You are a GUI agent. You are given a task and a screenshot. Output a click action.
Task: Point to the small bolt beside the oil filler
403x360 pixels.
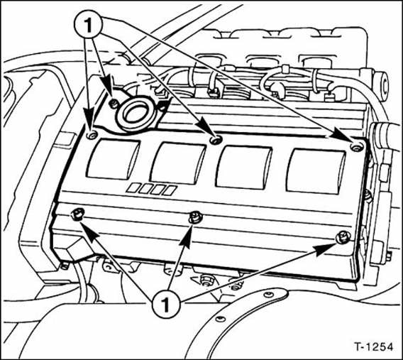pos(114,104)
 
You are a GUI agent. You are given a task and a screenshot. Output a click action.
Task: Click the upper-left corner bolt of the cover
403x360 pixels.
pos(91,133)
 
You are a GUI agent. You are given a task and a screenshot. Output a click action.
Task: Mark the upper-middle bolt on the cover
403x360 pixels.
pos(217,140)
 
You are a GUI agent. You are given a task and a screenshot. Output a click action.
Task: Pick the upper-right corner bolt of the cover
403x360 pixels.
pos(355,146)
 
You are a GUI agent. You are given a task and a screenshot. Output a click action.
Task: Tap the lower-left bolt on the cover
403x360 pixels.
pos(77,214)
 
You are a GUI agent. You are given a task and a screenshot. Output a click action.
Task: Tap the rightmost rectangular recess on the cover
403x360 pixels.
pos(314,171)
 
